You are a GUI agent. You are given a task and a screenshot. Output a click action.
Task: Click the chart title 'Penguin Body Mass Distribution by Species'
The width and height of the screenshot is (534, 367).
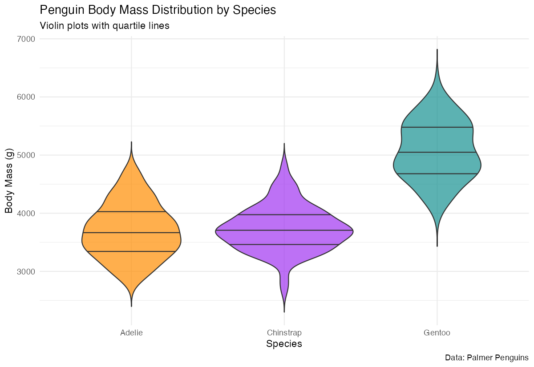pyautogui.click(x=158, y=10)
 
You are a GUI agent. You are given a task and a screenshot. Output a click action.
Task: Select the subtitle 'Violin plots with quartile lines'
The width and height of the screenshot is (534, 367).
pyautogui.click(x=105, y=26)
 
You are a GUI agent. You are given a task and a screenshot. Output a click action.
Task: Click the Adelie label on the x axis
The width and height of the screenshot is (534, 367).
pyautogui.click(x=131, y=333)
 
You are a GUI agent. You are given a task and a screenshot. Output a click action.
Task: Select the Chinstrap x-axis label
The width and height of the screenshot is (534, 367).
pyautogui.click(x=284, y=333)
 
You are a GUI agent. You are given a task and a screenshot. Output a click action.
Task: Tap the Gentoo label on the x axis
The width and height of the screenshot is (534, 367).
pyautogui.click(x=437, y=333)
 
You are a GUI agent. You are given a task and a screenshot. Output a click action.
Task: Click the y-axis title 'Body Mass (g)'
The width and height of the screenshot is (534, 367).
pyautogui.click(x=9, y=182)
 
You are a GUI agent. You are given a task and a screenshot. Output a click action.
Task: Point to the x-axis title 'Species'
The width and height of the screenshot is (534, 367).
pyautogui.click(x=284, y=344)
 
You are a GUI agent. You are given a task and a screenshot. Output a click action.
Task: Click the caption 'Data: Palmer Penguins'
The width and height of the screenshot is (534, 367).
pyautogui.click(x=486, y=358)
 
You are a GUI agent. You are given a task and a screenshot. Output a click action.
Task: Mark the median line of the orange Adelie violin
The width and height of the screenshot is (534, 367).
pyautogui.click(x=131, y=233)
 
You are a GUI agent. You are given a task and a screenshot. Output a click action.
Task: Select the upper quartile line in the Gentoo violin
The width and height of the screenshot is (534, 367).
pyautogui.click(x=437, y=127)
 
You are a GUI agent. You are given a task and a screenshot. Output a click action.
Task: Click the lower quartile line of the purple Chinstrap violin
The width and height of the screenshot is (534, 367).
pyautogui.click(x=284, y=245)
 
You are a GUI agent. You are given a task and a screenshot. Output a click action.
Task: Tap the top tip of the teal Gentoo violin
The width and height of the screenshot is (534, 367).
pyautogui.click(x=437, y=50)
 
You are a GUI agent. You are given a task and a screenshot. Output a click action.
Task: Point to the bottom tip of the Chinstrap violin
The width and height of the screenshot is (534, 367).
pyautogui.click(x=284, y=311)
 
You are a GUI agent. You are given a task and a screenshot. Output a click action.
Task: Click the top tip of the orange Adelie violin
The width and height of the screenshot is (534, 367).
pyautogui.click(x=131, y=143)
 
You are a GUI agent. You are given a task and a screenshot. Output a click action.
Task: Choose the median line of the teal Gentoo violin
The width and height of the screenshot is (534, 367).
pyautogui.click(x=437, y=152)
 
